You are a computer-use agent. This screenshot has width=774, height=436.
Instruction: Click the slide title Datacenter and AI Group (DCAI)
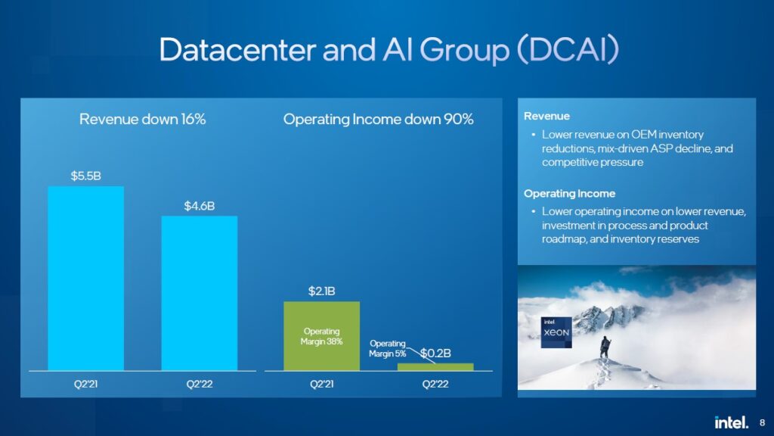pos(389,49)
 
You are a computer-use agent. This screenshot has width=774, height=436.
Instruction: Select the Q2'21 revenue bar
pos(86,279)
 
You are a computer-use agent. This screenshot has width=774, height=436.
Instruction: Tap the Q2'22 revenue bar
pos(200,293)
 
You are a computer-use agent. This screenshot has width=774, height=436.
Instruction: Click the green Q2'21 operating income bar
pos(321,336)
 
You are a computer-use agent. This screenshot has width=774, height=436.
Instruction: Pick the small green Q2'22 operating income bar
pos(435,367)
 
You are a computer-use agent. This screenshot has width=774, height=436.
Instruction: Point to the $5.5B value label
pos(86,176)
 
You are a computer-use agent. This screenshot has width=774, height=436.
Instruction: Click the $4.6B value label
pos(200,206)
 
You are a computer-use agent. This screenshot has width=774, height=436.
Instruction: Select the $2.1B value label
pos(321,291)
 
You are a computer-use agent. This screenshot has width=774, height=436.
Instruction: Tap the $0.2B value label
pos(435,353)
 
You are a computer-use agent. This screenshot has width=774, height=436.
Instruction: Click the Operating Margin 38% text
pos(321,336)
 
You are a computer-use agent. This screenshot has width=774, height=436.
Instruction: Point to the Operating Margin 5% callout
pos(388,348)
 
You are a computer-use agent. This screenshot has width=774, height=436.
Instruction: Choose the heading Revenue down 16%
pos(143,119)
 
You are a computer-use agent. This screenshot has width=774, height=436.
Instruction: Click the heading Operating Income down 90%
pos(378,119)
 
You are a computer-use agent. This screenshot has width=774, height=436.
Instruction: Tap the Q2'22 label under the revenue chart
pos(200,384)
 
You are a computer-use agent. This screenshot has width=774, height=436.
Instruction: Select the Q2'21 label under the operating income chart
pos(321,384)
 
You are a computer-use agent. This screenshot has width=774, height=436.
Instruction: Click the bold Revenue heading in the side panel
pos(546,116)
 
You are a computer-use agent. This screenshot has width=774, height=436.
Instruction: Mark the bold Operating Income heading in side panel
pos(569,193)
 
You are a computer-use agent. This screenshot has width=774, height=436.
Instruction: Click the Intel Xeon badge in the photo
pos(556,332)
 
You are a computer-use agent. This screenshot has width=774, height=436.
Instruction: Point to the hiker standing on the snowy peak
pos(605,347)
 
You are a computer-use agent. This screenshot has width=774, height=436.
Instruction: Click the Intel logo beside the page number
pos(732,422)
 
